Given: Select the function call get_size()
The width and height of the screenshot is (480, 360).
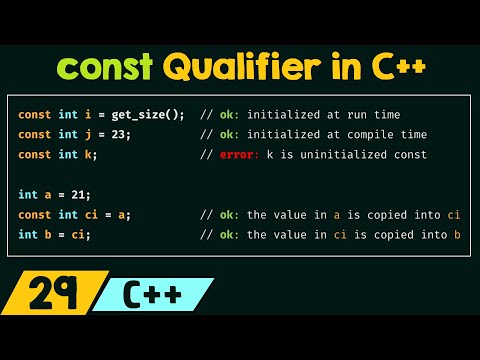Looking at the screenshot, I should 152,115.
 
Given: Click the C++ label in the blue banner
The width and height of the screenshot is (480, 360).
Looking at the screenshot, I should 152,298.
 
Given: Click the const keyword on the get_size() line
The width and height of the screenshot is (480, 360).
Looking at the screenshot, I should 34,115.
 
